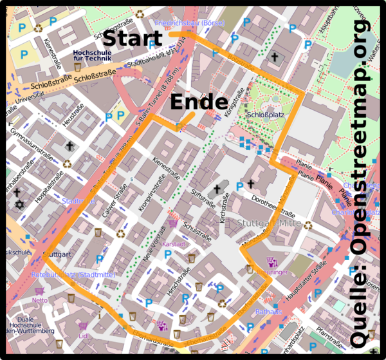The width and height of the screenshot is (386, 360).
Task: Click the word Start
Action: point(133,38)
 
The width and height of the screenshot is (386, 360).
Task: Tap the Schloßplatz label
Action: point(265,115)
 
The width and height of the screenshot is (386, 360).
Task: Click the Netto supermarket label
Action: point(40,299)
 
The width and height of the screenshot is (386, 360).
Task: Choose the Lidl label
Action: point(83,335)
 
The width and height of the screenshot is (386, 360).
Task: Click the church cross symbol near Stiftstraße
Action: point(217,189)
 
